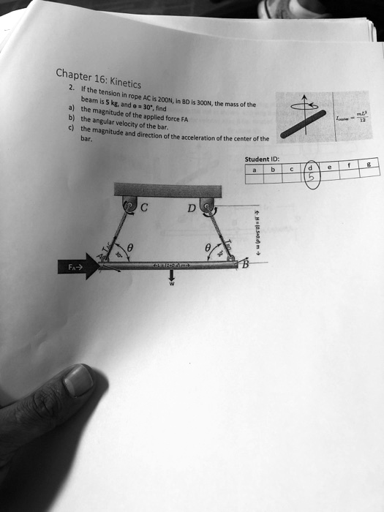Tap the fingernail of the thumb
pyautogui.click(x=78, y=381)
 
